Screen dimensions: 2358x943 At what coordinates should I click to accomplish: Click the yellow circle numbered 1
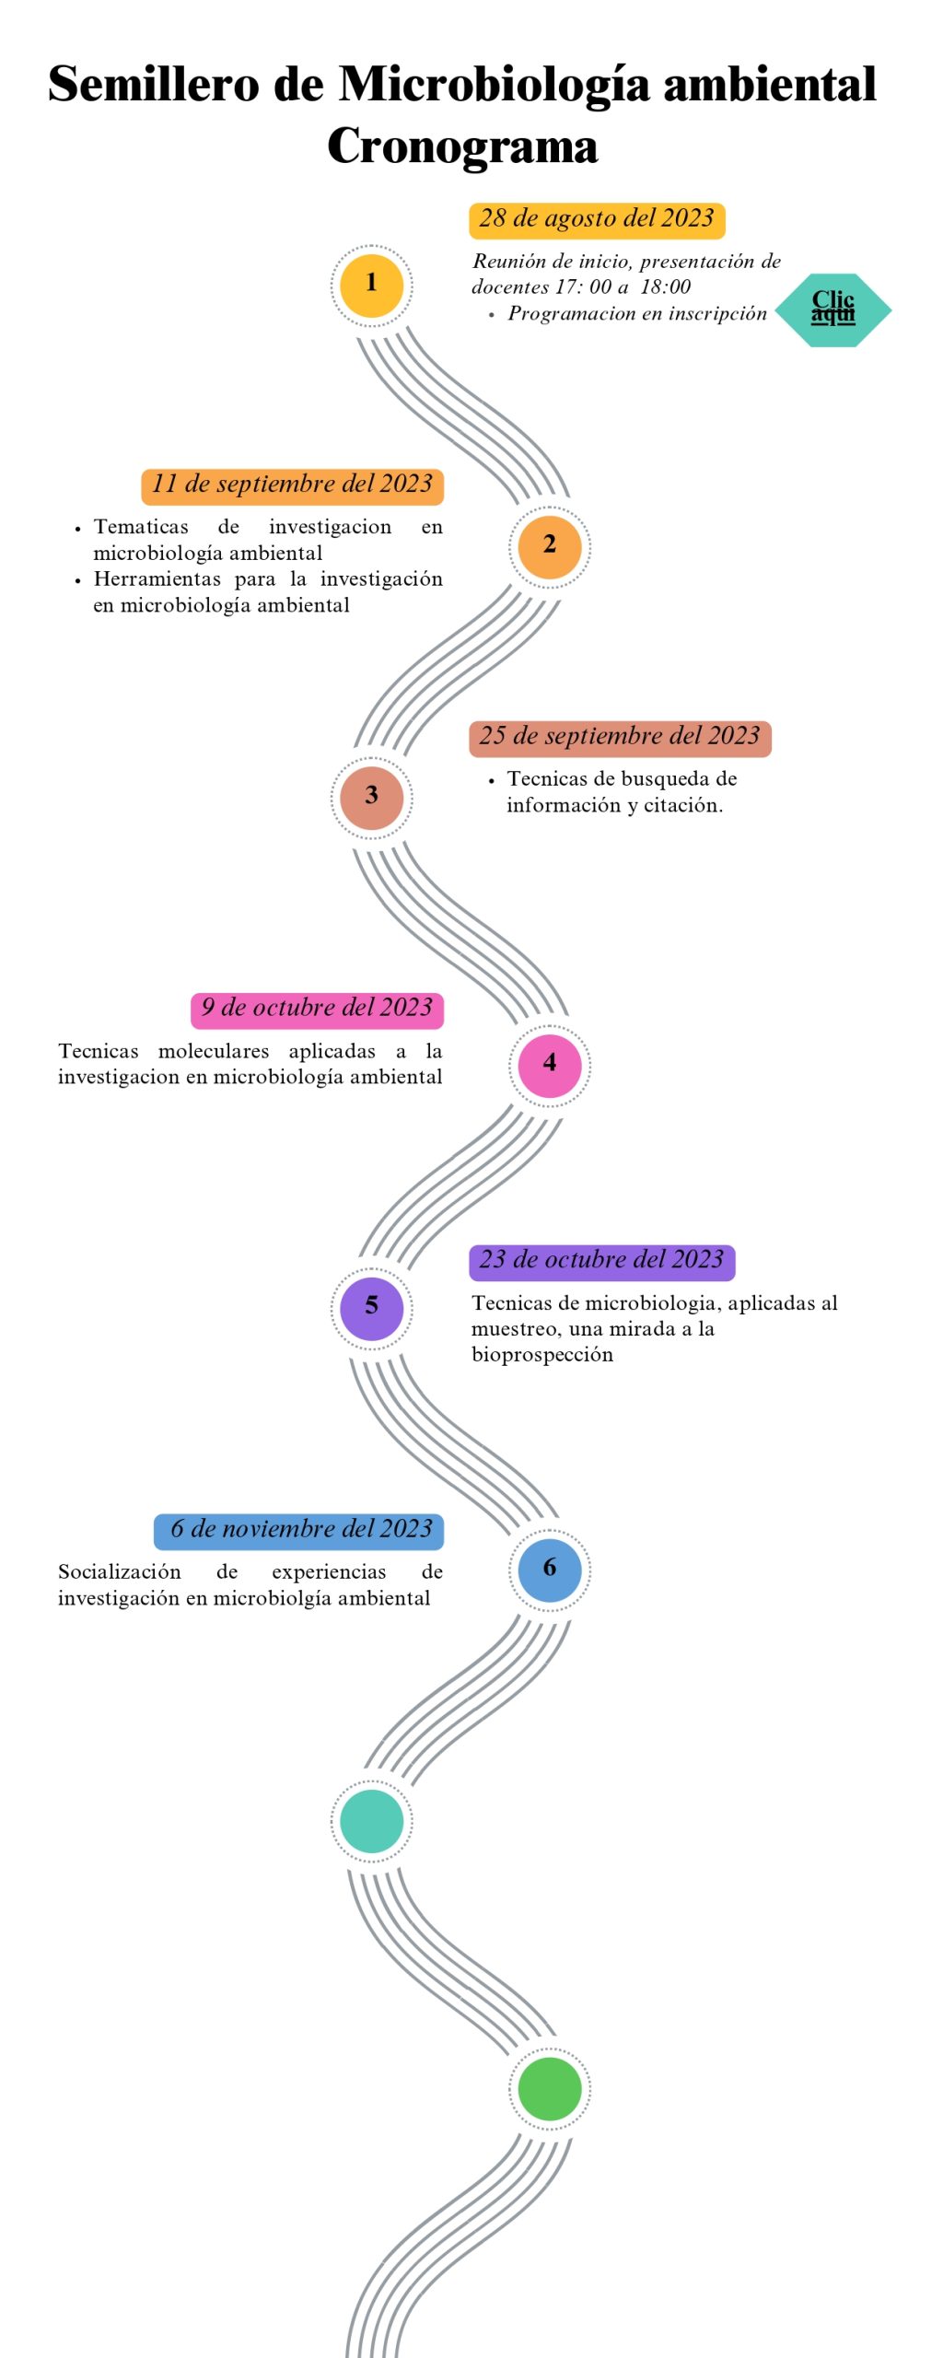[x=371, y=285]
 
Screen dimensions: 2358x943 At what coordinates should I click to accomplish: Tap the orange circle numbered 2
[x=549, y=546]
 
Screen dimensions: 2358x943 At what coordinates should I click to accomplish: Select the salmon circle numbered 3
[x=371, y=797]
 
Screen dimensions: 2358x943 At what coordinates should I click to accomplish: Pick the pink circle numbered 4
[x=549, y=1065]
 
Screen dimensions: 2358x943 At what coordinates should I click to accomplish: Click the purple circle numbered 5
[x=371, y=1307]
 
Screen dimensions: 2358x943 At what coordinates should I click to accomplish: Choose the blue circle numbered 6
[x=549, y=1569]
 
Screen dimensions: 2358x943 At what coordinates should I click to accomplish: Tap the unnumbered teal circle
[x=371, y=1820]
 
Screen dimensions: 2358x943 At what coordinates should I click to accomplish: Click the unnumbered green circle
[x=549, y=2088]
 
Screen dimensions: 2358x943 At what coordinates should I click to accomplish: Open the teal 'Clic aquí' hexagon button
[x=832, y=309]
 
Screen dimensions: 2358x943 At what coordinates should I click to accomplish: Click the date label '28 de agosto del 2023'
[x=597, y=219]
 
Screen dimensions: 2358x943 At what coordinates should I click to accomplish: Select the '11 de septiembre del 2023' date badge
[x=292, y=485]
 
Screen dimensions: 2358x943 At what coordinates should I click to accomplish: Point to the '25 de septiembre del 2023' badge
[x=620, y=737]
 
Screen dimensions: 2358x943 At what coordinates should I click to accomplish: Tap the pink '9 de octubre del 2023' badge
[x=317, y=1009]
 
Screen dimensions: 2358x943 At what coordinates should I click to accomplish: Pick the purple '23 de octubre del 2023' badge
[x=601, y=1261]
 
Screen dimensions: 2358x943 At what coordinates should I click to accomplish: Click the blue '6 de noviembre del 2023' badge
[x=299, y=1530]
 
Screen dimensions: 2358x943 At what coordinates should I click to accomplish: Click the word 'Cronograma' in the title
[x=462, y=146]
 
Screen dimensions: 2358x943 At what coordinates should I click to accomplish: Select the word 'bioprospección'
[x=542, y=1355]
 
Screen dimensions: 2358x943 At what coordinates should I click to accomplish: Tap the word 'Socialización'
[x=120, y=1571]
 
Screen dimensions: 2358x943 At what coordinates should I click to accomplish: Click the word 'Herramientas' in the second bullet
[x=157, y=579]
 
